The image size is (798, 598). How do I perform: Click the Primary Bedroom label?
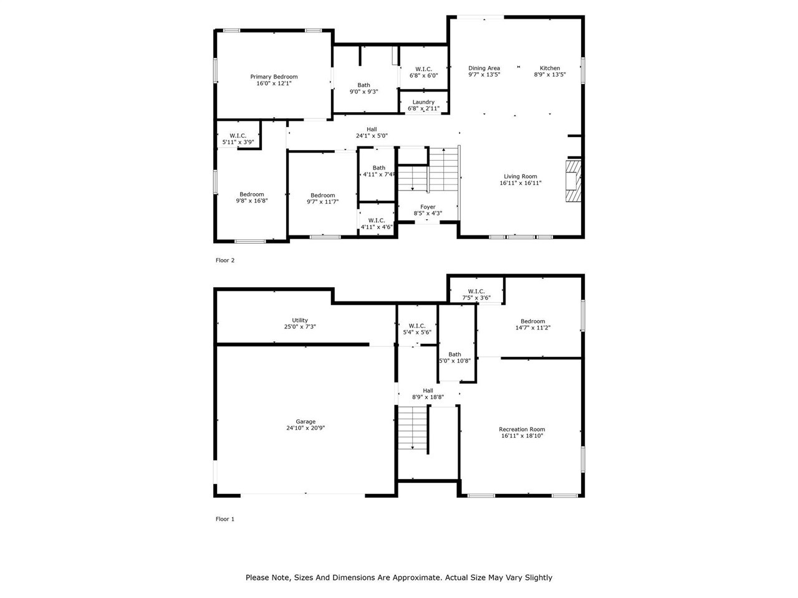274,77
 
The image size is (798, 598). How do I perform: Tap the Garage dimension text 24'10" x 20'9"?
305,428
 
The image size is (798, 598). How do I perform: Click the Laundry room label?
423,102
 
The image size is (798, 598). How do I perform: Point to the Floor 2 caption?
225,260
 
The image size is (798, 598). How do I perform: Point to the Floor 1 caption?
225,519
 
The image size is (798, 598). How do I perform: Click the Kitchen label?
549,68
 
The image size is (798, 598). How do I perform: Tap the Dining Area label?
484,68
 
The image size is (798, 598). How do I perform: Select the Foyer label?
428,207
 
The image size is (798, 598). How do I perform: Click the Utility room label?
300,320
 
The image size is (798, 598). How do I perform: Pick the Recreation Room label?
522,429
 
